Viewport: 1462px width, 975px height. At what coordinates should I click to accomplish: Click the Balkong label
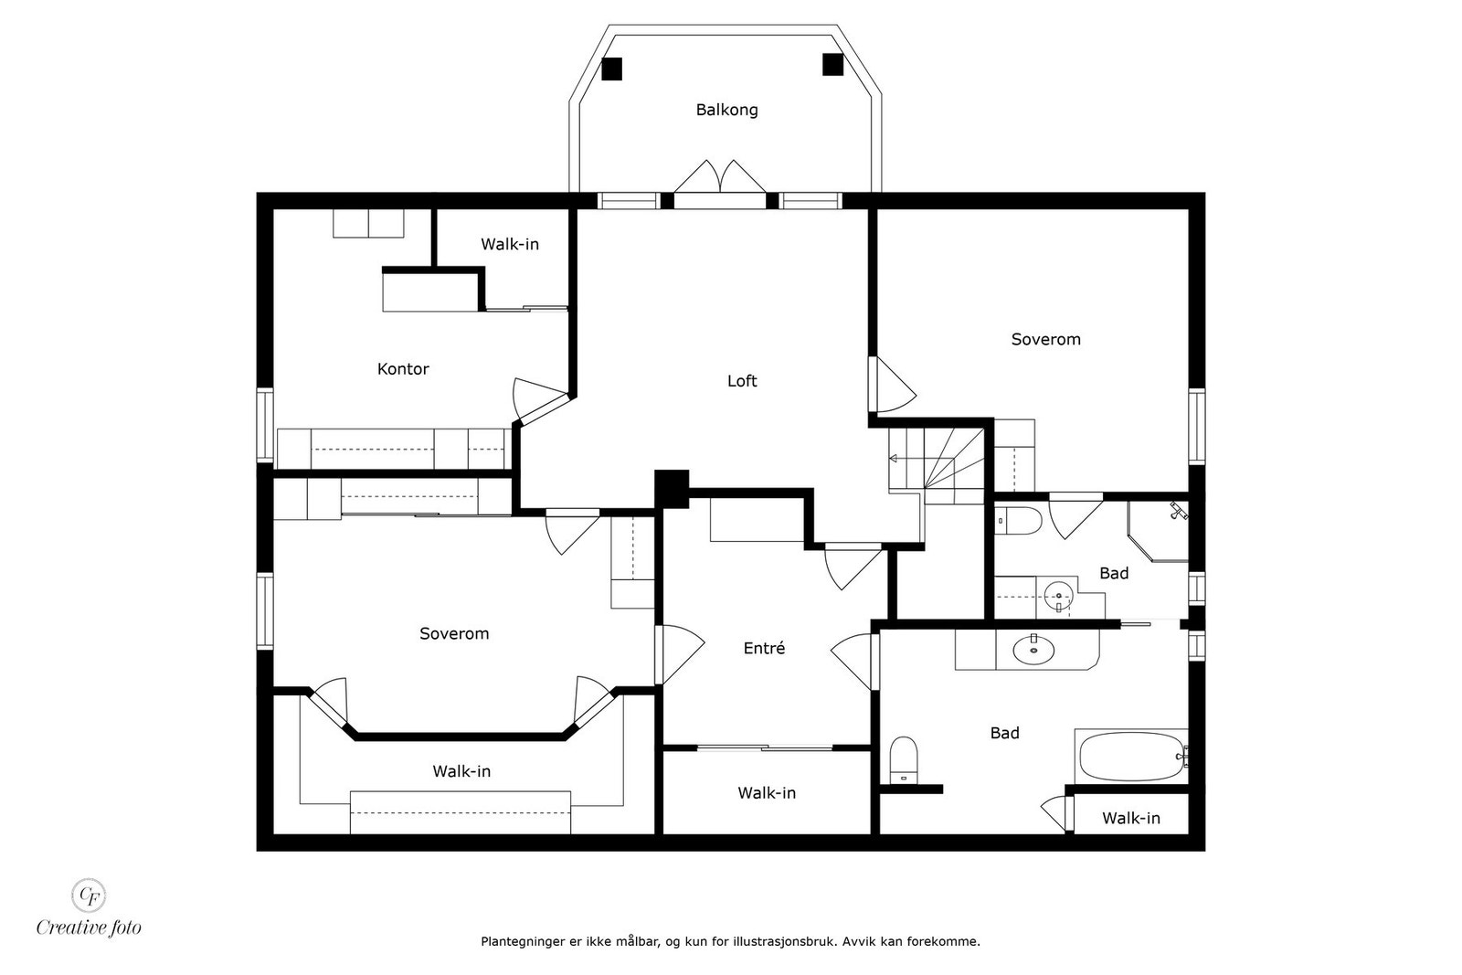click(726, 110)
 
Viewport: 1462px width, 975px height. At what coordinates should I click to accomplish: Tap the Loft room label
click(742, 380)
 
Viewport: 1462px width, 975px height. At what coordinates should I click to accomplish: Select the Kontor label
click(403, 369)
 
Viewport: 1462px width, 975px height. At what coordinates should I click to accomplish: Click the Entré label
click(764, 648)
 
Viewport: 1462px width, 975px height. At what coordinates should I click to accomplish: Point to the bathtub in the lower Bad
click(1132, 757)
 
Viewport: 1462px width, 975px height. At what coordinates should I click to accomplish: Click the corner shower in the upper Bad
click(1159, 531)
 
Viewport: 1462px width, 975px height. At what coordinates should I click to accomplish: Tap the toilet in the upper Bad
click(1018, 521)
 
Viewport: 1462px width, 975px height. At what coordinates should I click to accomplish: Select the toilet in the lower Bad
click(904, 760)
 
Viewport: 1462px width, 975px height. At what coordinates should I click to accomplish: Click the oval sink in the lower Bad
click(1033, 650)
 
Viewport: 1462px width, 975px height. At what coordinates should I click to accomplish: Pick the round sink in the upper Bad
click(1058, 596)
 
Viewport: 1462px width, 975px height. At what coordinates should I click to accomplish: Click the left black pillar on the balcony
click(611, 69)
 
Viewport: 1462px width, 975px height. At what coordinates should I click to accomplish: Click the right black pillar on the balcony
click(832, 65)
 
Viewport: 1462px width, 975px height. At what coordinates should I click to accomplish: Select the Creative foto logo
click(89, 907)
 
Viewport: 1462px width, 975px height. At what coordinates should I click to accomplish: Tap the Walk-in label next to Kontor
click(510, 244)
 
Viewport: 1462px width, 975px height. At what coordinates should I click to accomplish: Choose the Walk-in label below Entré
click(767, 793)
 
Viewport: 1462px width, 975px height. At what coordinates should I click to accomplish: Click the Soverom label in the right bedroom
click(1045, 339)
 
